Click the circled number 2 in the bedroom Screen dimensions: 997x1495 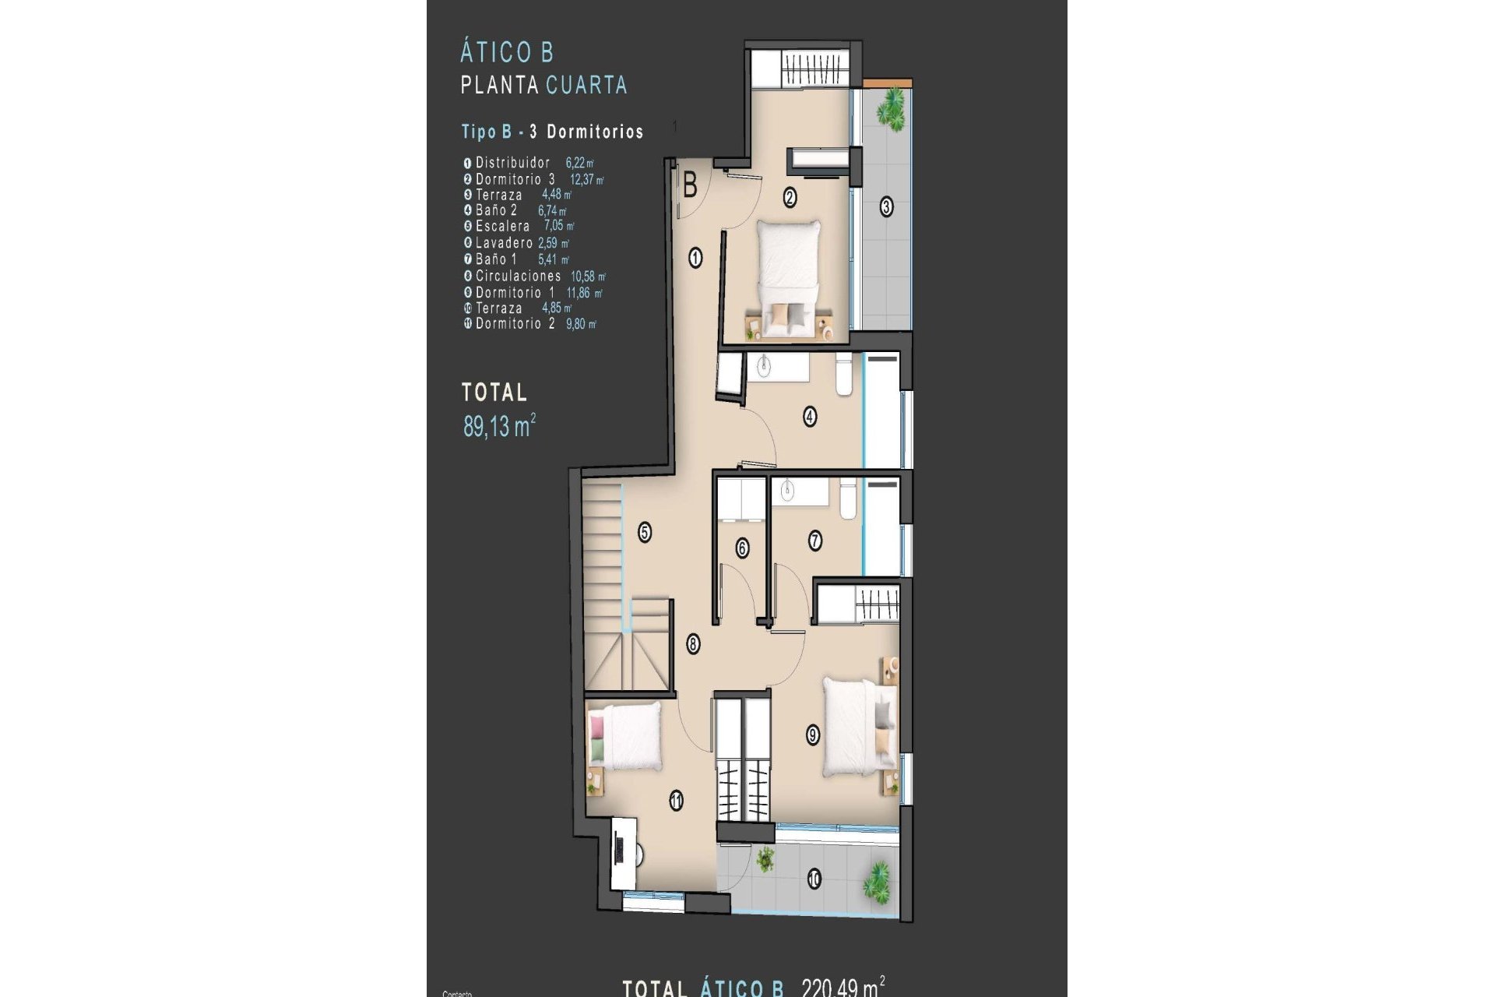click(790, 198)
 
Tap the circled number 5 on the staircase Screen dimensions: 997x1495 click(645, 532)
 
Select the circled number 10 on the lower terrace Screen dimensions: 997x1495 click(814, 879)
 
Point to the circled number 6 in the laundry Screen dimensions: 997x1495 click(742, 548)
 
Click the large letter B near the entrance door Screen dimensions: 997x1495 click(690, 186)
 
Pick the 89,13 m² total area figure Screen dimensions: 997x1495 click(499, 426)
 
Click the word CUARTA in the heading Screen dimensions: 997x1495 click(586, 85)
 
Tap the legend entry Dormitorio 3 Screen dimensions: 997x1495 click(515, 179)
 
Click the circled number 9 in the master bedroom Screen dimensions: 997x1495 click(813, 735)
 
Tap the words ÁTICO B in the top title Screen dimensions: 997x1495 click(506, 53)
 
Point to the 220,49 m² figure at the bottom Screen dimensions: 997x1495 click(842, 987)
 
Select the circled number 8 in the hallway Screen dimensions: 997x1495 click(693, 644)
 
